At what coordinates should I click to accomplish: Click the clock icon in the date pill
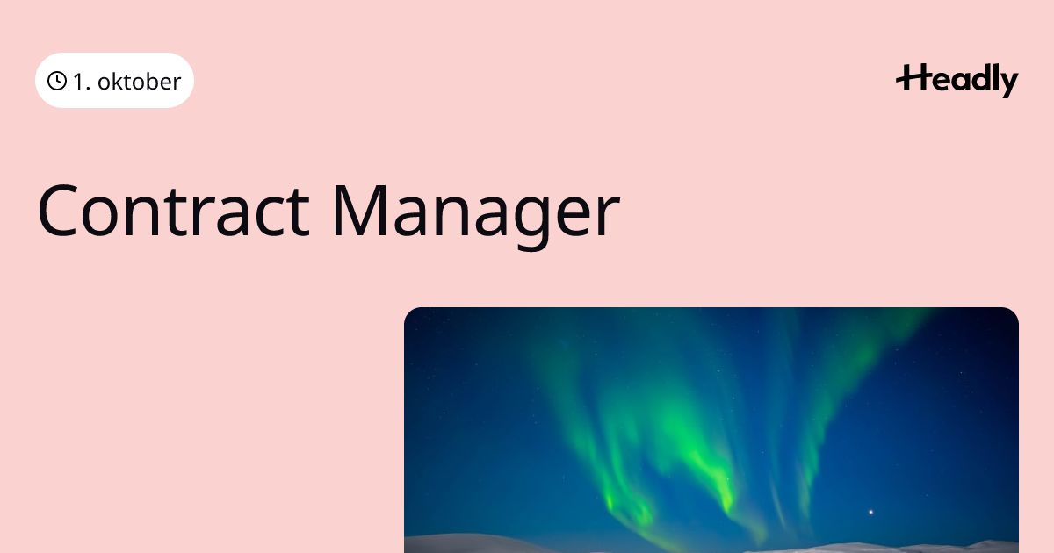pyautogui.click(x=57, y=81)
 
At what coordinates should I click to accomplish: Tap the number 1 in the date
pyautogui.click(x=78, y=82)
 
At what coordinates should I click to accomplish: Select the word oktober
pyautogui.click(x=140, y=82)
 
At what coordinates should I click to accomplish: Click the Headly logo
pyautogui.click(x=957, y=81)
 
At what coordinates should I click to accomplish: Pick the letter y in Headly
pyautogui.click(x=1008, y=83)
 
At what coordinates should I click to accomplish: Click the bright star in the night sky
pyautogui.click(x=870, y=512)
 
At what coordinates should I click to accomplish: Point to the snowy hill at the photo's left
pyautogui.click(x=471, y=544)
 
